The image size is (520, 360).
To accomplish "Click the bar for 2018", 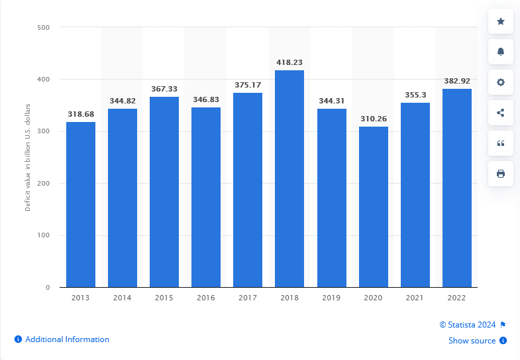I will point(289,179).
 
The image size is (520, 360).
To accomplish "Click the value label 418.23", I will point(289,62).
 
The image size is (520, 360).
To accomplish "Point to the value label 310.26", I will point(374,119).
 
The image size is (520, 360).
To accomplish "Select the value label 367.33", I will point(164,89).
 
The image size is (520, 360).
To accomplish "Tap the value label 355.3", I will point(415,95).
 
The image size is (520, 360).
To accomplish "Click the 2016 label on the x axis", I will point(206,298).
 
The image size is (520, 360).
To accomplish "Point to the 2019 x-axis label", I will point(331,298).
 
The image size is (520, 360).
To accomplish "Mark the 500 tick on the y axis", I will point(44,28).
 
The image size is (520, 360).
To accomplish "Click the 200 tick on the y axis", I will point(44,184).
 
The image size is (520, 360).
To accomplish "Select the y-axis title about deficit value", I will point(28,158).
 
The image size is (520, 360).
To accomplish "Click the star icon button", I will point(501,22).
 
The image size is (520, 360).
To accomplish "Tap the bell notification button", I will point(501,52).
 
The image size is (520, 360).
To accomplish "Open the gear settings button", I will point(501,83).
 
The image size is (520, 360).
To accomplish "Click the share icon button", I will point(501,113).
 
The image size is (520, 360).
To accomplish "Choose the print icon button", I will point(501,174).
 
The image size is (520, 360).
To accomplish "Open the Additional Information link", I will point(67,339).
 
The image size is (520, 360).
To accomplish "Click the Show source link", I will point(472,341).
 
